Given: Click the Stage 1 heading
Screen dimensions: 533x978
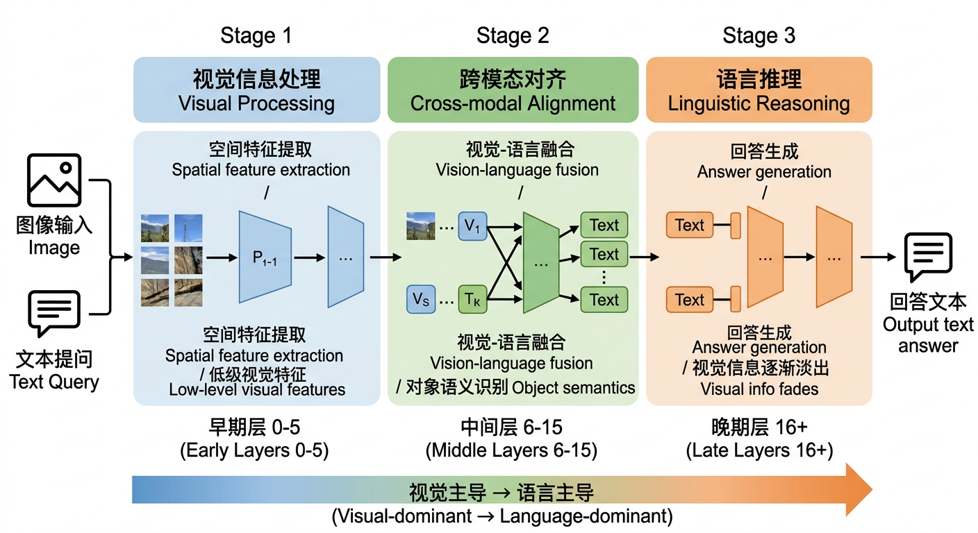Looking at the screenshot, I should [x=256, y=35].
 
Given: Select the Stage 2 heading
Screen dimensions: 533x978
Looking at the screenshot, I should [x=512, y=35].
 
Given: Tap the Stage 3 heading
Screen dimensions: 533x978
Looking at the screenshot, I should [x=759, y=35].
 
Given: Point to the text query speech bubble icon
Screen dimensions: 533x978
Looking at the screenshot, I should [x=53, y=314].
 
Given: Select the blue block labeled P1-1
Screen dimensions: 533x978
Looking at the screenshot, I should [x=265, y=257].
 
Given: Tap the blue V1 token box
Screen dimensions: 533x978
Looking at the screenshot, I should [x=472, y=226].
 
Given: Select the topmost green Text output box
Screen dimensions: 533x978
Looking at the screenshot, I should [x=604, y=226].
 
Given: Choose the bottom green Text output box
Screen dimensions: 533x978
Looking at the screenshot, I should [x=604, y=300].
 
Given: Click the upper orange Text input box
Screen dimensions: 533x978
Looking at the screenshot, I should [x=689, y=226].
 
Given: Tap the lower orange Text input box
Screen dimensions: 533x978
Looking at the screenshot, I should [x=689, y=300].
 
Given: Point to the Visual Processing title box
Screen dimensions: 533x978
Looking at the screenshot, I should [x=256, y=90].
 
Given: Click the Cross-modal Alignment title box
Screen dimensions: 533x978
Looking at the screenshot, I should [x=513, y=90].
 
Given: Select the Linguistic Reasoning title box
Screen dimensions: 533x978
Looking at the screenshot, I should [x=759, y=90].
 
